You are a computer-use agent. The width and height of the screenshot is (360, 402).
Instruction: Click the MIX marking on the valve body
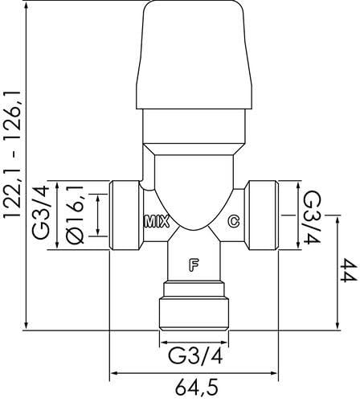pyautogui.click(x=157, y=222)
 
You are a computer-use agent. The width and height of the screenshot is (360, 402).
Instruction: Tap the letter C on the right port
pyautogui.click(x=234, y=221)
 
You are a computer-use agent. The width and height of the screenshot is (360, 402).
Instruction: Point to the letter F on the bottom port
pyautogui.click(x=194, y=265)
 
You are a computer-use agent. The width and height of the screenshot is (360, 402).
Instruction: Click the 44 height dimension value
pyautogui.click(x=349, y=270)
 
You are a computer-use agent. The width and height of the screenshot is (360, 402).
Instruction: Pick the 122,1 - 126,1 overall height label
pyautogui.click(x=12, y=155)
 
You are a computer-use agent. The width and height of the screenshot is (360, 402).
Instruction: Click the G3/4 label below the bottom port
pyautogui.click(x=195, y=356)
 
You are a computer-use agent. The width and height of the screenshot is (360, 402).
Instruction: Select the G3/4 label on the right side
pyautogui.click(x=312, y=217)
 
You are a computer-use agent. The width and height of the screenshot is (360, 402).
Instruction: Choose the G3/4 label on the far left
pyautogui.click(x=41, y=212)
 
